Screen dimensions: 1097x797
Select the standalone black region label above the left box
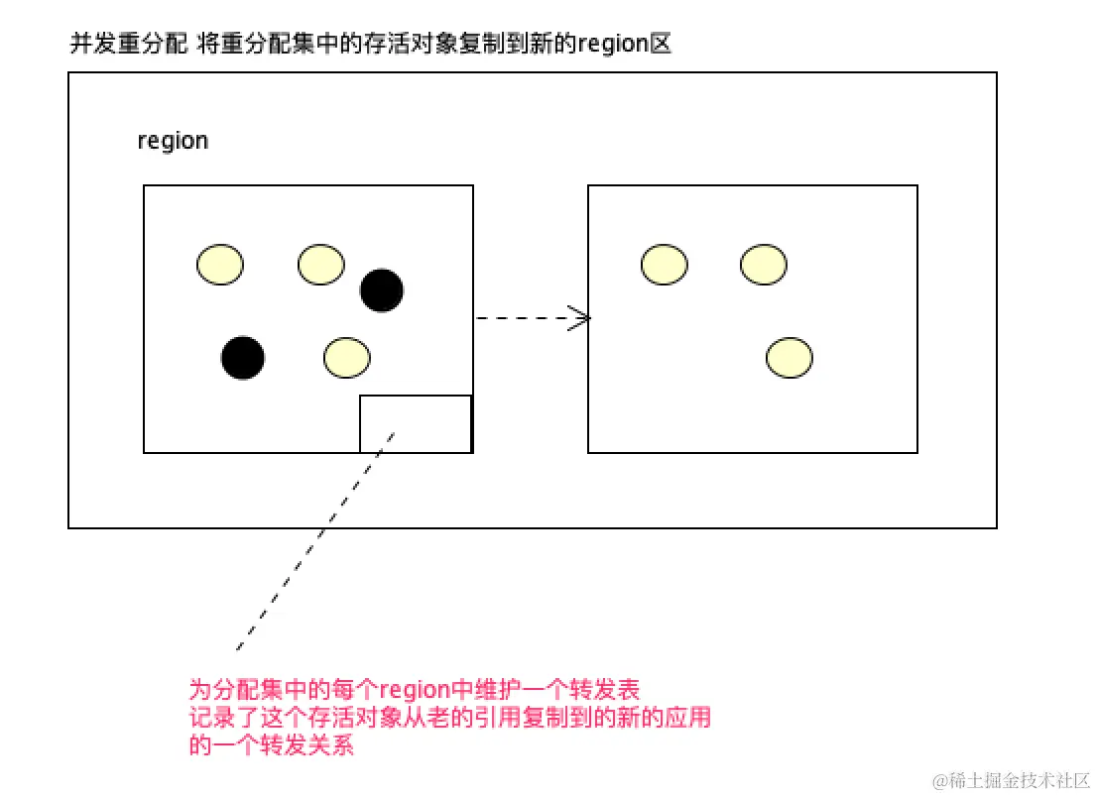click(173, 141)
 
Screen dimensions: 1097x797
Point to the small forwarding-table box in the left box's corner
click(415, 423)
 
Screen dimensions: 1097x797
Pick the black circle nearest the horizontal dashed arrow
click(382, 289)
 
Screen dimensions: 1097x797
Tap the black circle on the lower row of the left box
click(243, 358)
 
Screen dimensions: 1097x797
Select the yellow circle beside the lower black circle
click(347, 358)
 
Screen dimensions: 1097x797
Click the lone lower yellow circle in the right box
click(790, 358)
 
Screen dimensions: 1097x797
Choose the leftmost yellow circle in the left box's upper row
click(220, 265)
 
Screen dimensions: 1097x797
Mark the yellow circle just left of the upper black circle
click(321, 265)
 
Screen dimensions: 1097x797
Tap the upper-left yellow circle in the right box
click(665, 265)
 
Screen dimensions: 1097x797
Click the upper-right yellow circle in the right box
click(764, 265)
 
